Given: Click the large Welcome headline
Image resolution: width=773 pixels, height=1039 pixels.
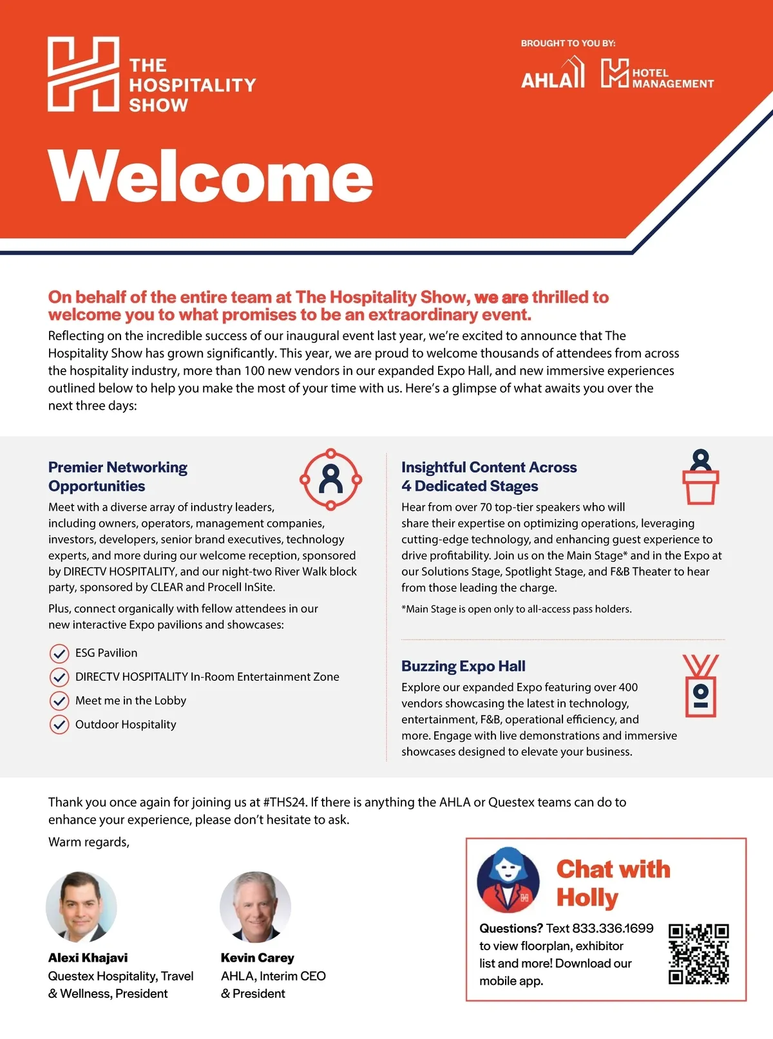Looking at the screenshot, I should tap(211, 176).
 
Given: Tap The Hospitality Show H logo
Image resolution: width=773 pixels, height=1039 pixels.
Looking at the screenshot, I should tap(84, 74).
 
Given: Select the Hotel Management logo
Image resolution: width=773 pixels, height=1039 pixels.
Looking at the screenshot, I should tap(657, 73).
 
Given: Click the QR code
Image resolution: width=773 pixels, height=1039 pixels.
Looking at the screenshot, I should tap(698, 954).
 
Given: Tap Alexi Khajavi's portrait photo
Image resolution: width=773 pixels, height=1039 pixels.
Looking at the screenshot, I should tap(81, 906).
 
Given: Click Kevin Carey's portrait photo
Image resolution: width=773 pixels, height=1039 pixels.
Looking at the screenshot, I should tap(255, 906).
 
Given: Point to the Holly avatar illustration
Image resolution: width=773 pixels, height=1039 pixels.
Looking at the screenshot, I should tap(508, 880).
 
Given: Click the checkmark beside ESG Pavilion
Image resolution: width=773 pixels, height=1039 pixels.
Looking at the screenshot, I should tap(59, 653).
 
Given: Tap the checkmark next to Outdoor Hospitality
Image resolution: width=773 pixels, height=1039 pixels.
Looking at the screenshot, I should tap(59, 725).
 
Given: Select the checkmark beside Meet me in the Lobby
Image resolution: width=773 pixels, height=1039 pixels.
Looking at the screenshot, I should tap(59, 701).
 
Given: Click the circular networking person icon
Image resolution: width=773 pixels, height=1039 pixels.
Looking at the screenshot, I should tap(330, 479).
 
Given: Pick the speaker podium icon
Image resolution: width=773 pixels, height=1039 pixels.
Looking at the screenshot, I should tap(700, 477).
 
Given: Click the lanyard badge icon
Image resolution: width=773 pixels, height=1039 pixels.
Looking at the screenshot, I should tap(700, 686).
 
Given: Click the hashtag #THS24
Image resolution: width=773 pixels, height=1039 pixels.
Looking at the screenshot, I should tap(285, 802).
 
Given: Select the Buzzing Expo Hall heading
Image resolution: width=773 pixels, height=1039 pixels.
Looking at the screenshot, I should tap(463, 666).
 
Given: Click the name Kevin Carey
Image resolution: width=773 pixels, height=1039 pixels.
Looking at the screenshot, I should tap(257, 958).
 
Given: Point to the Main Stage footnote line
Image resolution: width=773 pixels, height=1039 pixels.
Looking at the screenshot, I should tap(516, 609).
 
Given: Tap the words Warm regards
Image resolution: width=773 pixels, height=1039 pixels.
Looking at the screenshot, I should tap(88, 842).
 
